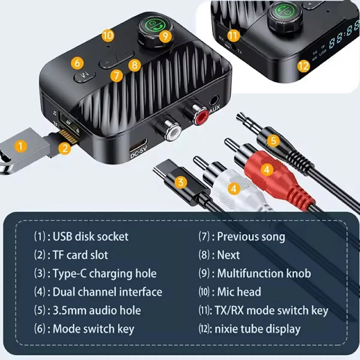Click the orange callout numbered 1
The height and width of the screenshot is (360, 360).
click(20, 146)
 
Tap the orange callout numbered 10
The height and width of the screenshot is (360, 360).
click(108, 35)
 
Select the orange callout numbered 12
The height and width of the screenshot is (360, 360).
click(304, 65)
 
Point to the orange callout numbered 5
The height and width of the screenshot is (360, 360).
click(273, 140)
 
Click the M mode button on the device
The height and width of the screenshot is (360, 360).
click(84, 76)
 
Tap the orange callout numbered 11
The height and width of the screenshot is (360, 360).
click(233, 35)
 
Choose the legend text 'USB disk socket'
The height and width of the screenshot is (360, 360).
click(91, 237)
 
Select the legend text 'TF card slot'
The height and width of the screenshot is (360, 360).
click(80, 255)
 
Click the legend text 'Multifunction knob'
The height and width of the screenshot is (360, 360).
click(264, 273)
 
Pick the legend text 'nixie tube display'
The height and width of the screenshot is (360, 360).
click(257, 329)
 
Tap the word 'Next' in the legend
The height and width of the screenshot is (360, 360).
click(228, 255)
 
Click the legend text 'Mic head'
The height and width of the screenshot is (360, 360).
click(239, 292)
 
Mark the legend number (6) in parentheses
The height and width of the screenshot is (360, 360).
click(40, 329)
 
